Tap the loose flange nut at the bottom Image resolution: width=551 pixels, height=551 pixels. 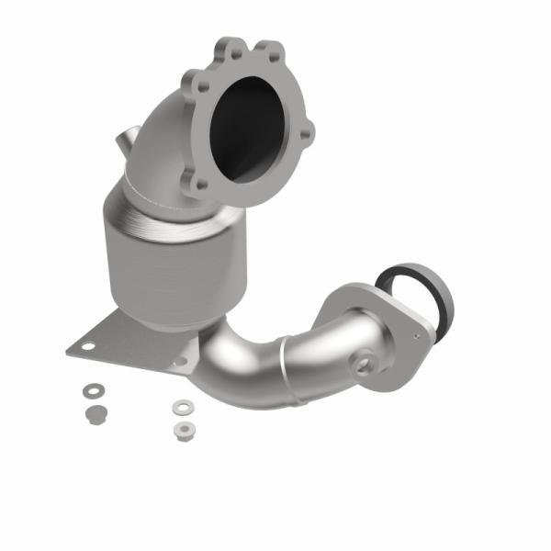181,428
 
